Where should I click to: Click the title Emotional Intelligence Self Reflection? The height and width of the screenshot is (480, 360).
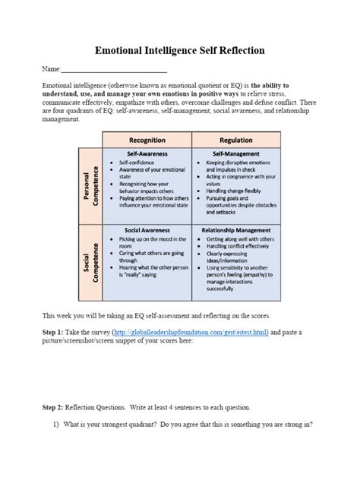[x=180, y=51]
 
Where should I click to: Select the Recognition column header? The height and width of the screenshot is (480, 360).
[x=148, y=141]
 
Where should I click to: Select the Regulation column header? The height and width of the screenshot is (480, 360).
[x=237, y=141]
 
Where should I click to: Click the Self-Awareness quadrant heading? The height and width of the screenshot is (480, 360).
[x=148, y=153]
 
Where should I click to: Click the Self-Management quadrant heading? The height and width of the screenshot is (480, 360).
[x=237, y=153]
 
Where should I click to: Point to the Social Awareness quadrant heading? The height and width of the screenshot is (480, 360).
[x=148, y=228]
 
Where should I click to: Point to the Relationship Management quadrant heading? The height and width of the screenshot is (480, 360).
[x=237, y=228]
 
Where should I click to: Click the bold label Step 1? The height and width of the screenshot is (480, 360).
[x=55, y=332]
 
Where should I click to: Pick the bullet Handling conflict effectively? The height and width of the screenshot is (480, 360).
[x=241, y=246]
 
